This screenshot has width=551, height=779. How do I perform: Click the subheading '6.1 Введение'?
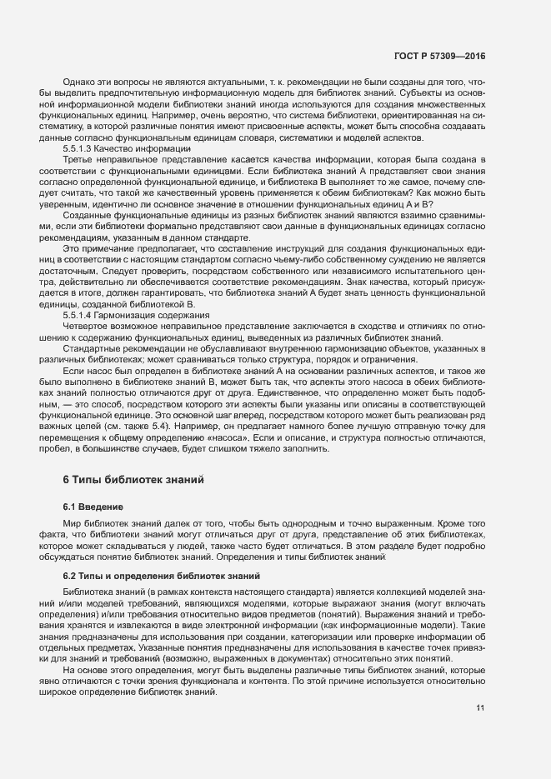[x=93, y=507]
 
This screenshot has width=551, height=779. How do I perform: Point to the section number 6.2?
[x=70, y=577]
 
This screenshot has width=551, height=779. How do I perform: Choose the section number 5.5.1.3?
[x=81, y=147]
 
